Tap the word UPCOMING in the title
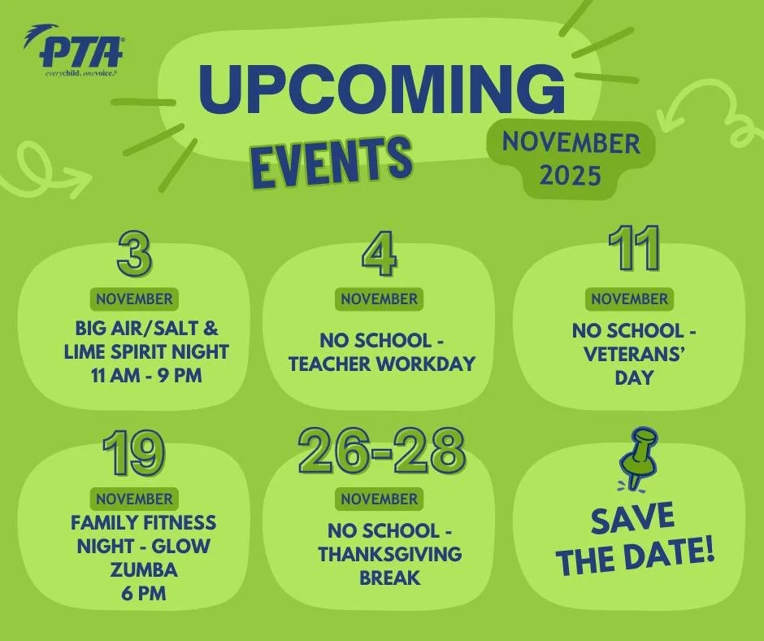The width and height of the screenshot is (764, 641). [381, 90]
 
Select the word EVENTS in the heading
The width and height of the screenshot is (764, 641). [329, 158]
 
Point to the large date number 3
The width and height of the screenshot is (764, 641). [134, 252]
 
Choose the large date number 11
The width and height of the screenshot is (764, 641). [634, 248]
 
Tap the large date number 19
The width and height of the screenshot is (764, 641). [134, 454]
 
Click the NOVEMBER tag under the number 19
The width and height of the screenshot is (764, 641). [134, 499]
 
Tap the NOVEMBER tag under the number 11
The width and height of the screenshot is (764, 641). [629, 299]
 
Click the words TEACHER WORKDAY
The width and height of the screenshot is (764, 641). [381, 363]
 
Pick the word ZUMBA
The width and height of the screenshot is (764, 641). [143, 569]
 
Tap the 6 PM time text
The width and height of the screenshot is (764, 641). [143, 593]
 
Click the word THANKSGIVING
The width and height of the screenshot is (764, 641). [390, 554]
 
